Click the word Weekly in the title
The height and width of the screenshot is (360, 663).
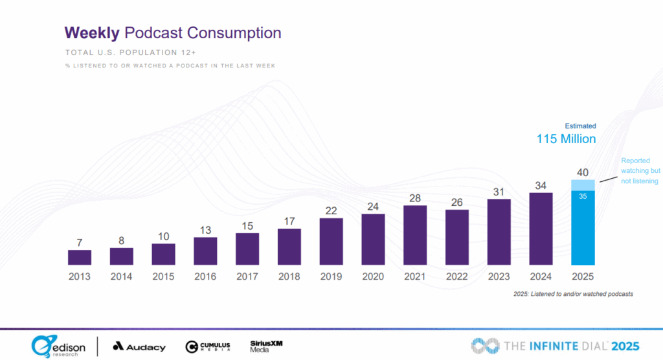tap(91, 33)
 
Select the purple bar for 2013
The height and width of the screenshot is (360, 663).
tap(80, 257)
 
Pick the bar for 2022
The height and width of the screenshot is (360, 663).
tap(457, 237)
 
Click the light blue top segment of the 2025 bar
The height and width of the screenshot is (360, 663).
tap(583, 185)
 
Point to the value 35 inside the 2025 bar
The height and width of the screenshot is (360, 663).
tap(583, 197)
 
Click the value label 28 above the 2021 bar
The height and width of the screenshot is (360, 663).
tap(415, 197)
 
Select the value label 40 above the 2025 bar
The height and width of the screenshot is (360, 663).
tap(583, 172)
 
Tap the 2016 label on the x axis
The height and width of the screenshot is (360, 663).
tap(205, 276)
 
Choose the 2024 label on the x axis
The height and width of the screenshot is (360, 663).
tap(541, 276)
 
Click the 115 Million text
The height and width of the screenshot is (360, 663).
tap(566, 139)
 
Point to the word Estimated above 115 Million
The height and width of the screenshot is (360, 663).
tap(580, 126)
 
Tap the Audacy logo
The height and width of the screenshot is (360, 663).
tap(139, 346)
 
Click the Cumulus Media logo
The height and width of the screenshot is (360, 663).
tap(208, 346)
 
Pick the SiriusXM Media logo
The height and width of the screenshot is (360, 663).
tap(266, 346)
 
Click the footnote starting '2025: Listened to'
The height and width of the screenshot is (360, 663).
tap(572, 294)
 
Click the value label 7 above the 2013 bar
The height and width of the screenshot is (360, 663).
tap(80, 242)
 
